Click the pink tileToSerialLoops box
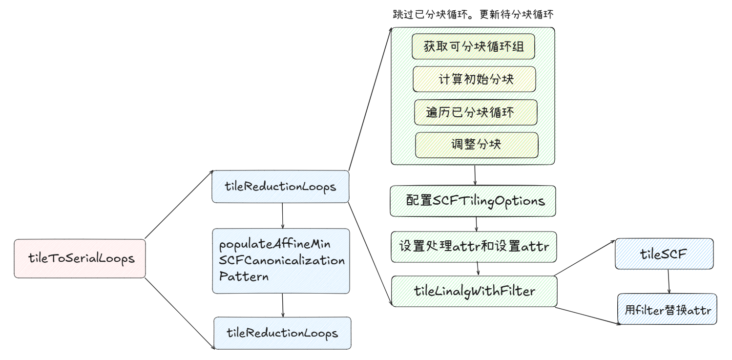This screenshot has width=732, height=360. coord(80,258)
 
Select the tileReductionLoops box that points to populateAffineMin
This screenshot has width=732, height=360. coord(280,186)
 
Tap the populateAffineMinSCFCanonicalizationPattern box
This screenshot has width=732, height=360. coord(281,261)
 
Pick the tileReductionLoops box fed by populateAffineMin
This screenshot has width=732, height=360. coord(282,333)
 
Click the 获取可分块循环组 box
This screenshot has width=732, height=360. coord(473,47)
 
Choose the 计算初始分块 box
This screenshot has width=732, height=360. coord(474,79)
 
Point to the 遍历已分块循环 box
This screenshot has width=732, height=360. coord(475,112)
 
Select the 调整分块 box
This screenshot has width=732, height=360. coord(477,145)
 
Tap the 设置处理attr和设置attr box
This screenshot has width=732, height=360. coord(474,247)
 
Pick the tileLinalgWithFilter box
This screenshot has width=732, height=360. coord(474,291)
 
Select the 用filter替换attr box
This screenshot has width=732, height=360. coord(667,309)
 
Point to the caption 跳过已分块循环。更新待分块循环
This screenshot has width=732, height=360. coord(473,15)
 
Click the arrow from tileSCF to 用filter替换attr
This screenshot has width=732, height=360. coord(669,281)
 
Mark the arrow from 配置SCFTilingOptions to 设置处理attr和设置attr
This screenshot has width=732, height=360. coord(476,224)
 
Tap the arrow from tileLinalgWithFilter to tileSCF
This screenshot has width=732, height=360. coord(585,257)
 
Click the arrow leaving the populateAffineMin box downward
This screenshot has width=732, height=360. coord(283,305)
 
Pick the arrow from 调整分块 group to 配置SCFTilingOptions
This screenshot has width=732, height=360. coord(475,175)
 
